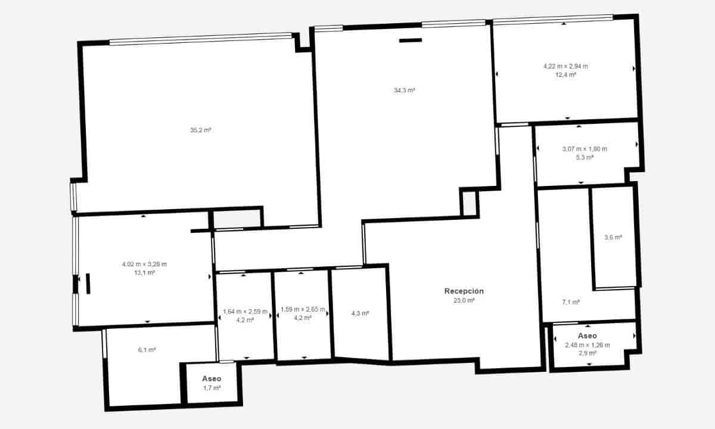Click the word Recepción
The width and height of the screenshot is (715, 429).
click(x=464, y=291)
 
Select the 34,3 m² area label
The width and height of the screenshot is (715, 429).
click(x=404, y=91)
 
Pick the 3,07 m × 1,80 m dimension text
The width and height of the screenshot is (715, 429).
click(x=585, y=149)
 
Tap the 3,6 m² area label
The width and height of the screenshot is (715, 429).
click(x=613, y=237)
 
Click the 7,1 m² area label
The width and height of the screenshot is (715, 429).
click(x=571, y=302)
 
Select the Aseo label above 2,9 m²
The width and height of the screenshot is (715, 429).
click(x=587, y=336)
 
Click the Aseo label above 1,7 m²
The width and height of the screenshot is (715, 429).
click(x=212, y=379)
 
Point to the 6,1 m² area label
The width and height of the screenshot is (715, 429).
click(x=147, y=350)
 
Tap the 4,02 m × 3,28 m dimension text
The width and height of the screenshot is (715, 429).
click(x=144, y=264)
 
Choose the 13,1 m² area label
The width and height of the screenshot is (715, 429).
click(x=144, y=273)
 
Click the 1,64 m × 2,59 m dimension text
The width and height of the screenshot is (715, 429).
click(x=245, y=312)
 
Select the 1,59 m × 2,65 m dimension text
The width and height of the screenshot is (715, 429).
click(x=303, y=309)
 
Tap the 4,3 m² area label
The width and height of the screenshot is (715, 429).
click(x=360, y=313)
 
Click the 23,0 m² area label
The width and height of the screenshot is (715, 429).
click(x=464, y=301)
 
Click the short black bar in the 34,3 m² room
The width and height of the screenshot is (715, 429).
click(x=410, y=41)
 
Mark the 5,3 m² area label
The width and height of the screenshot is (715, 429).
click(x=585, y=158)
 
